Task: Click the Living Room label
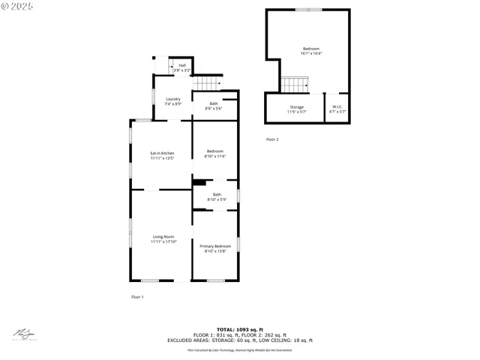pyautogui.click(x=163, y=239)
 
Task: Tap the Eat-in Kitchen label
pyautogui.click(x=162, y=155)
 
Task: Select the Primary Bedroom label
pyautogui.click(x=215, y=249)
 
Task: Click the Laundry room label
pyautogui.click(x=173, y=101)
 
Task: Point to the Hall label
pyautogui.click(x=182, y=67)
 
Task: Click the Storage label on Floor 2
pyautogui.click(x=297, y=109)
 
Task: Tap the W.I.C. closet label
pyautogui.click(x=337, y=109)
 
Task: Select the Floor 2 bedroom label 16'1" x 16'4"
pyautogui.click(x=311, y=51)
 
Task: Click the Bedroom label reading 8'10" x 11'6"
pyautogui.click(x=215, y=154)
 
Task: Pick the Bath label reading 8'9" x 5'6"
pyautogui.click(x=214, y=106)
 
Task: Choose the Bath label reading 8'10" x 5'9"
pyautogui.click(x=216, y=197)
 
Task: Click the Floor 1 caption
pyautogui.click(x=137, y=297)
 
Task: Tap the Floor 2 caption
pyautogui.click(x=271, y=139)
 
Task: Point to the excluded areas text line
pyautogui.click(x=239, y=340)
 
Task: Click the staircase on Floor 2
pyautogui.click(x=295, y=83)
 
